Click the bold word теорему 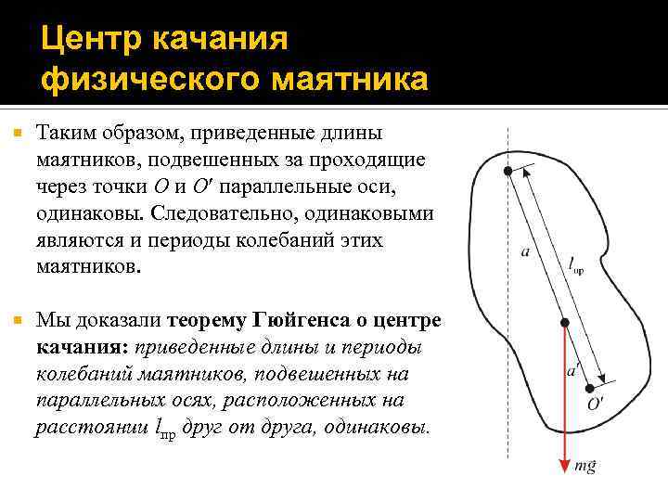pyautogui.click(x=207, y=321)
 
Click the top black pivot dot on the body pyautogui.click(x=507, y=172)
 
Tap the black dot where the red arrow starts pyautogui.click(x=563, y=322)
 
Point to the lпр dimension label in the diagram pyautogui.click(x=575, y=265)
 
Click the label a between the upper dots pyautogui.click(x=526, y=253)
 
